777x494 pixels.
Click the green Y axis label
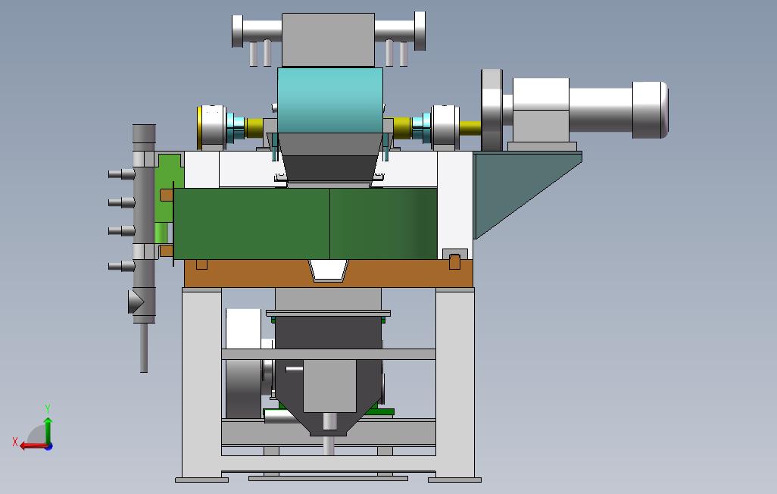point(48,408)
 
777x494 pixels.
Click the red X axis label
point(15,441)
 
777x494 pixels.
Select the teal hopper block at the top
point(330,101)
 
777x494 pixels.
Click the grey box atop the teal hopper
point(328,39)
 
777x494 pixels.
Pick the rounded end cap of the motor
point(650,110)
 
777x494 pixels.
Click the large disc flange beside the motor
point(491,110)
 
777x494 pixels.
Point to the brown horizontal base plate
point(329,274)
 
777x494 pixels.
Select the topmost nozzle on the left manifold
point(121,174)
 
